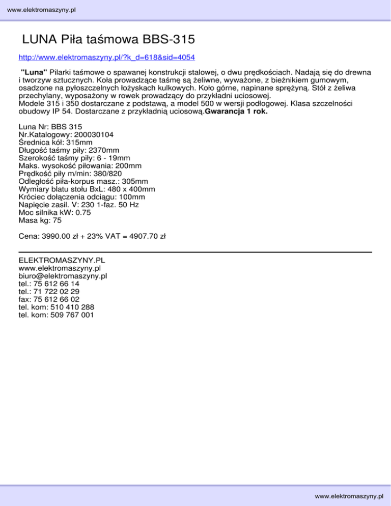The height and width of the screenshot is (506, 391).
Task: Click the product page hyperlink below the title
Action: pyautogui.click(x=106, y=57)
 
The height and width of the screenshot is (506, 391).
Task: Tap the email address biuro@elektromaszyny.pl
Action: pyautogui.click(x=62, y=275)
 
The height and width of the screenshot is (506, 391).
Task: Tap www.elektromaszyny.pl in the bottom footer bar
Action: pyautogui.click(x=349, y=496)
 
